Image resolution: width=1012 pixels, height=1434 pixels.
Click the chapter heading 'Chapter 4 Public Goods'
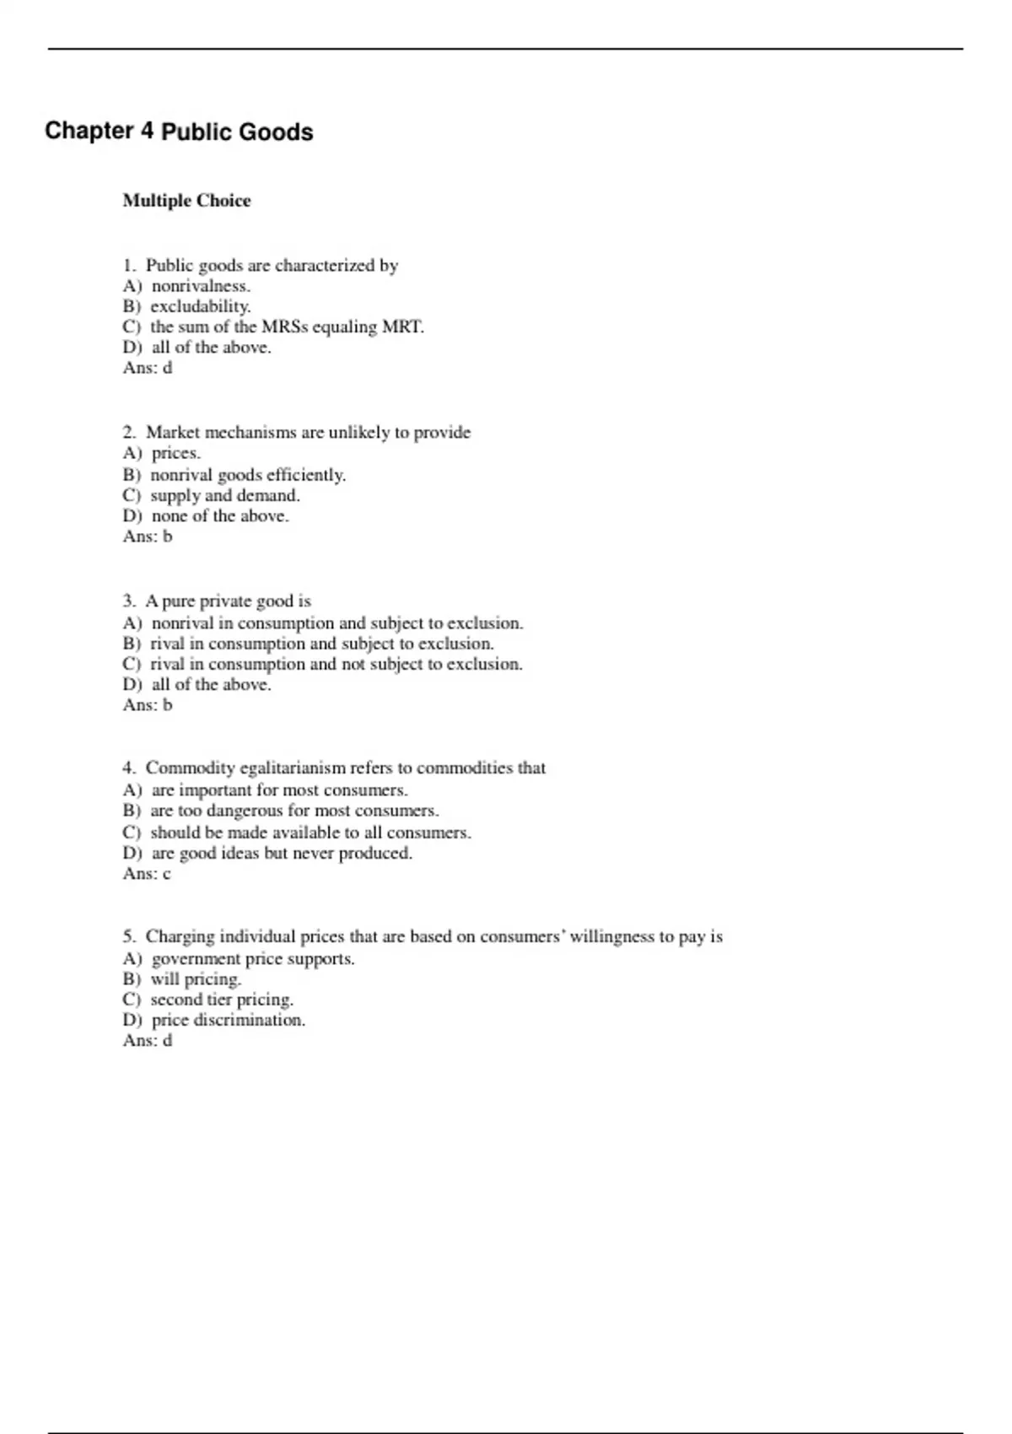tap(179, 132)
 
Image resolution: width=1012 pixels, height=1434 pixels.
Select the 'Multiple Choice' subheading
tap(186, 201)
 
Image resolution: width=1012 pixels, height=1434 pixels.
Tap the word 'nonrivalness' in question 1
tap(200, 286)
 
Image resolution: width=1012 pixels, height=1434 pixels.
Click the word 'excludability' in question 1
tap(200, 306)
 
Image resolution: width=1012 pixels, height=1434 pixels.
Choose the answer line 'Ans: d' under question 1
tap(148, 368)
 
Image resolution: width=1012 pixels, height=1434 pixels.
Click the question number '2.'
tap(129, 433)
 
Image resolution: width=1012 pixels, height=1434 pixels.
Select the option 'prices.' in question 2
tap(175, 453)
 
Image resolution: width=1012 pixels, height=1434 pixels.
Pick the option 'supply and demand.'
tap(224, 495)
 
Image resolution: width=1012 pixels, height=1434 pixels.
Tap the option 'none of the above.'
tap(219, 515)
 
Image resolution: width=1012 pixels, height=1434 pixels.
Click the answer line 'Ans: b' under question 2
tap(148, 536)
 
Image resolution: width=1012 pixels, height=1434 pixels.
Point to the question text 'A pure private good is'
tap(228, 601)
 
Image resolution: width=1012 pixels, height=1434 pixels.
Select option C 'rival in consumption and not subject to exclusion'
tap(336, 664)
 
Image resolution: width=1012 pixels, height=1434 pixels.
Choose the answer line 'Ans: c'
tap(147, 874)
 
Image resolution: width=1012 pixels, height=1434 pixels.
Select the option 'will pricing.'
tap(196, 979)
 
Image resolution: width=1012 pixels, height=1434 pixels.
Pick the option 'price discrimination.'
tap(228, 1020)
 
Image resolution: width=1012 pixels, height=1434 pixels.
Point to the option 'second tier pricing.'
tap(222, 1000)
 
